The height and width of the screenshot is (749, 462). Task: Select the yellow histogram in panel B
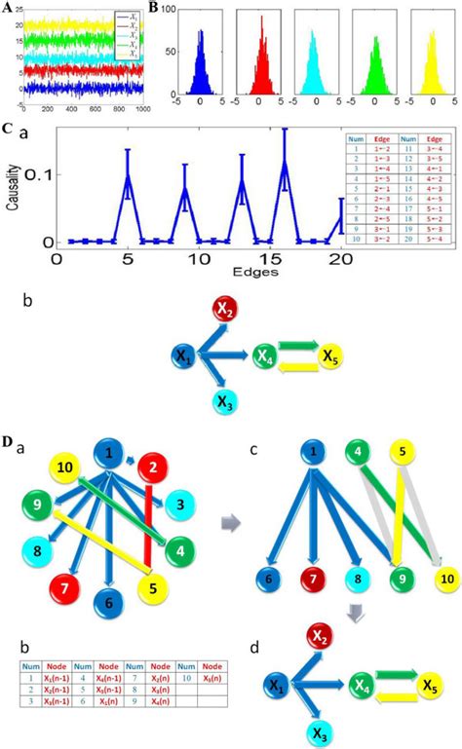coord(431,68)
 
